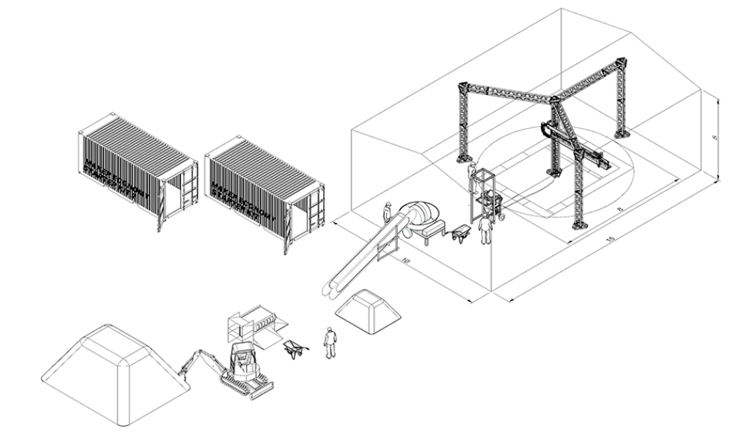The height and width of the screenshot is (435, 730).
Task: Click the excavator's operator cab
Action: pyautogui.click(x=242, y=359)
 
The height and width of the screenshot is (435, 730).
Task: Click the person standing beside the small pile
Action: pyautogui.click(x=330, y=343)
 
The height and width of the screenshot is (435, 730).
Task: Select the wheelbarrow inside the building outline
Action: pyautogui.click(x=461, y=234)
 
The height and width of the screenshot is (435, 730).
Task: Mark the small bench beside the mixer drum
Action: pyautogui.click(x=435, y=234)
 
